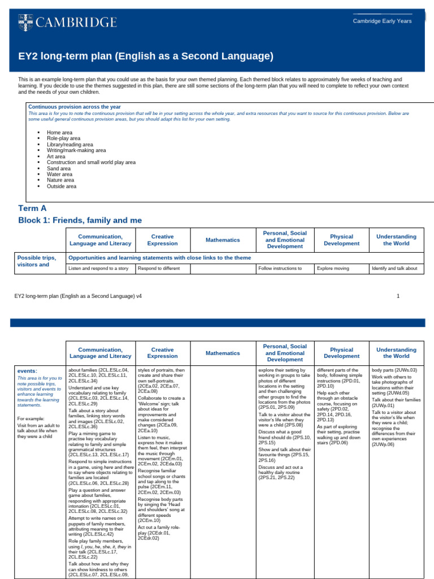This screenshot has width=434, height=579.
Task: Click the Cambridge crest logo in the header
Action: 24,22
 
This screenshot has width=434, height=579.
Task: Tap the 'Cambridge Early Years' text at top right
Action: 382,21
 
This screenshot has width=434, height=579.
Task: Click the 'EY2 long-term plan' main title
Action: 146,56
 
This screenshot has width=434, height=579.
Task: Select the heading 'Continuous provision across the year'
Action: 74,107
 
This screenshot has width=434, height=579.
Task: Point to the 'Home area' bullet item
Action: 59,132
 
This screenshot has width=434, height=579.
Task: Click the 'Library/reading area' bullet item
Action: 70,144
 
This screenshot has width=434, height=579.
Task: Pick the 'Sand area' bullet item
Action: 59,168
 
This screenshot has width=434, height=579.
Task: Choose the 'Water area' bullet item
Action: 60,174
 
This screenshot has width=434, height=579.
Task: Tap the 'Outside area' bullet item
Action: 62,186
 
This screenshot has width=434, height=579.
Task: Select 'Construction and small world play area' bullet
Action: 91,162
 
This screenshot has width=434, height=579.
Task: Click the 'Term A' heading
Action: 33,208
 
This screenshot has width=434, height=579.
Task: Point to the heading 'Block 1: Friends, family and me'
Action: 80,220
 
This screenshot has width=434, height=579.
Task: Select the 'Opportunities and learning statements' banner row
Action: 159,257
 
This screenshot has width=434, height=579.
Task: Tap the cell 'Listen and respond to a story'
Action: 98,269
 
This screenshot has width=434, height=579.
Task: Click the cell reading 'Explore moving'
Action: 333,269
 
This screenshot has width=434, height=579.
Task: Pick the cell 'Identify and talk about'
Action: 394,269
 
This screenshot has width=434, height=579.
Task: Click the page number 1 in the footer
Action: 398,296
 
